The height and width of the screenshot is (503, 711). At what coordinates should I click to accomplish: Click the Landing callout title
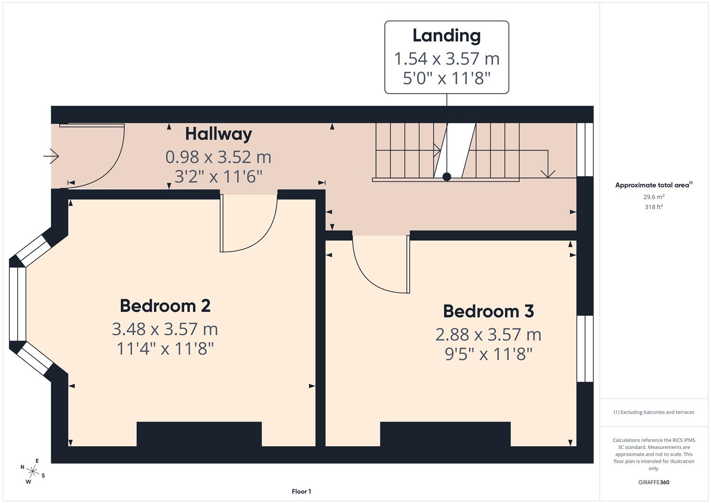click(447, 36)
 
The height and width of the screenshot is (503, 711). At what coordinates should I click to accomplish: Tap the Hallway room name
click(218, 134)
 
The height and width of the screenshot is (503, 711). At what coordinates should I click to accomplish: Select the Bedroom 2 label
click(165, 306)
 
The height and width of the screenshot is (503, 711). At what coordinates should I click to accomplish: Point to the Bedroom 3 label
click(488, 311)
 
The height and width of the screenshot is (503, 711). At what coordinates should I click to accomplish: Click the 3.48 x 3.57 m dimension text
click(165, 329)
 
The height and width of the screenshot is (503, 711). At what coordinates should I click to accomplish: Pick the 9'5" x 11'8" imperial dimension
click(488, 354)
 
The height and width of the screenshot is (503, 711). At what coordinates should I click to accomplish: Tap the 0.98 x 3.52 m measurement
click(218, 157)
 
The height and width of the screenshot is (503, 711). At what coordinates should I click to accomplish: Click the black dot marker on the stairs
click(447, 177)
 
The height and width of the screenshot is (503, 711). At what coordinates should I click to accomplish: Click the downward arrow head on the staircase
click(548, 173)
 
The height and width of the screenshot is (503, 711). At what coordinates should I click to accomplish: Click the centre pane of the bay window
click(18, 304)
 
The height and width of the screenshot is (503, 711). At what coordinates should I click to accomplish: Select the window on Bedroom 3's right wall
click(585, 349)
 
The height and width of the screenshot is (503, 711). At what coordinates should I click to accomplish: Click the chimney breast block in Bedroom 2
click(199, 434)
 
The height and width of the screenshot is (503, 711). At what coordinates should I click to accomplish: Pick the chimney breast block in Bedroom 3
click(445, 434)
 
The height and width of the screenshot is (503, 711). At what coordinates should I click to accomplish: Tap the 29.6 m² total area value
click(654, 197)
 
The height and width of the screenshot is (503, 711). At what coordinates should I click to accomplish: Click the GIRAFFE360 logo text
click(654, 482)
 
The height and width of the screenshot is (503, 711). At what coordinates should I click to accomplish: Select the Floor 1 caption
click(301, 491)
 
